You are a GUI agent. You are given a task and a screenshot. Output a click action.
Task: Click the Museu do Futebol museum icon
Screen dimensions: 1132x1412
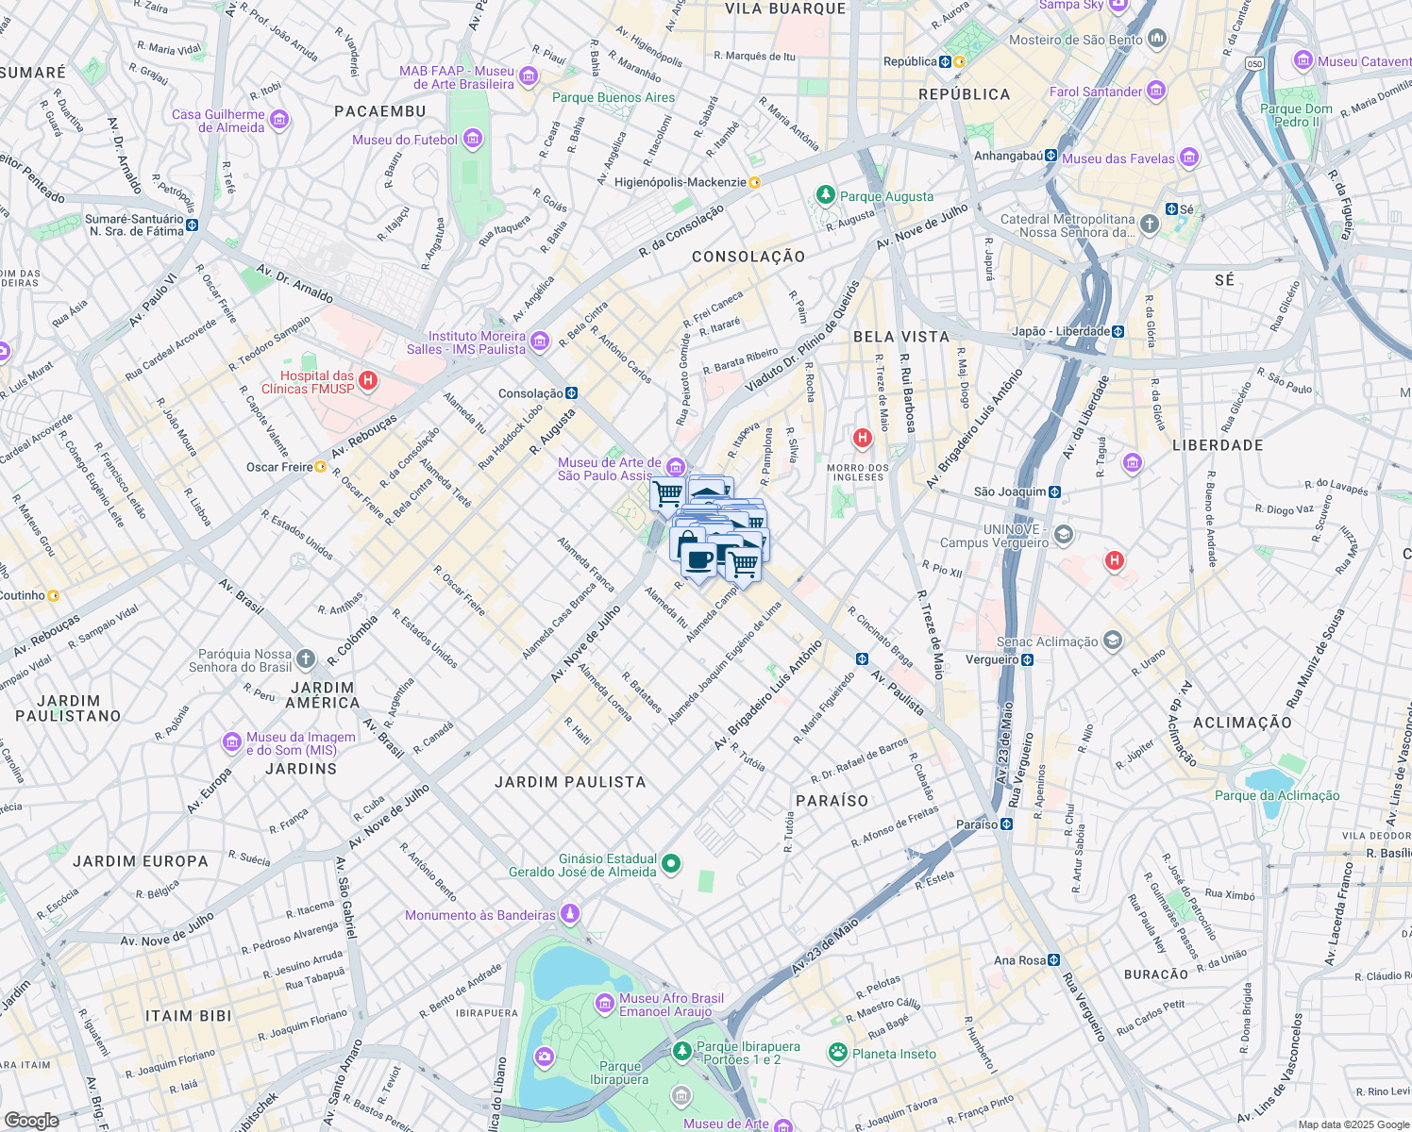coord(473,140)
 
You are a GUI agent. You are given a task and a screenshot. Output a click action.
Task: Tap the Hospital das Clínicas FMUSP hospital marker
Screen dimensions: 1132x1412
coord(368,381)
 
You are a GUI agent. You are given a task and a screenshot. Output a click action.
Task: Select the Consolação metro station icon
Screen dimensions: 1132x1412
coord(571,393)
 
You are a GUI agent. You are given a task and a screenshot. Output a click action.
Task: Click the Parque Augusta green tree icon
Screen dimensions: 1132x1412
coord(826,195)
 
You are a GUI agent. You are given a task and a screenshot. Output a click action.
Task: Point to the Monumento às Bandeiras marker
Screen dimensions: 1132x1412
coord(569,914)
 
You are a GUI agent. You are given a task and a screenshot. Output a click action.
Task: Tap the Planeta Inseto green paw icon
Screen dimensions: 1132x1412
coord(837,1052)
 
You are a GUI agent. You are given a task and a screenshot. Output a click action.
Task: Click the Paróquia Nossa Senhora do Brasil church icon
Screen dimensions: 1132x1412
coord(305,658)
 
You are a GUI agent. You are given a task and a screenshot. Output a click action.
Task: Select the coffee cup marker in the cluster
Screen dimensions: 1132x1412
coord(698,561)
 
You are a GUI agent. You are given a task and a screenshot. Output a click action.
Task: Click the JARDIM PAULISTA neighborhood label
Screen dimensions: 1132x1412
coord(570,782)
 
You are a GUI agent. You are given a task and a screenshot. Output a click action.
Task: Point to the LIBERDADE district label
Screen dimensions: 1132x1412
coord(1218,445)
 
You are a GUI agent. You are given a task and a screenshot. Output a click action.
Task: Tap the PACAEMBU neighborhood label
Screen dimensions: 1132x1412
coord(380,111)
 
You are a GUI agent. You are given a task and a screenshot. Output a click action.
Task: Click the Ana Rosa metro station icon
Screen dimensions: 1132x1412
coord(1053,960)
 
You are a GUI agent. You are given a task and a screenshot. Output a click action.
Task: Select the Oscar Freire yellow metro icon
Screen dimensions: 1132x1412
coord(320,467)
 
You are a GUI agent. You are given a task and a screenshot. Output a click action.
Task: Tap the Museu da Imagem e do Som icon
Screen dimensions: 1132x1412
coord(232,742)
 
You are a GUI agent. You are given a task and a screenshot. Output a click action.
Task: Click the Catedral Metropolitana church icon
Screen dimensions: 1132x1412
coord(1149,224)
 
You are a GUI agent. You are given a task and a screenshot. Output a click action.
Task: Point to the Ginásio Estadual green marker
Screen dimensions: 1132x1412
coord(671,863)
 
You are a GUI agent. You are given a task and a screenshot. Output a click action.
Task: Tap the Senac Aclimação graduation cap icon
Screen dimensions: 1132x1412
coord(1113,641)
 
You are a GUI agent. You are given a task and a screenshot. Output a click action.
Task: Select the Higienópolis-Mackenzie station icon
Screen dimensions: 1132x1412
coord(754,182)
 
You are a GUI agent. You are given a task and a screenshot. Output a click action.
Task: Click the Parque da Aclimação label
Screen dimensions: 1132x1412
coord(1277,795)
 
